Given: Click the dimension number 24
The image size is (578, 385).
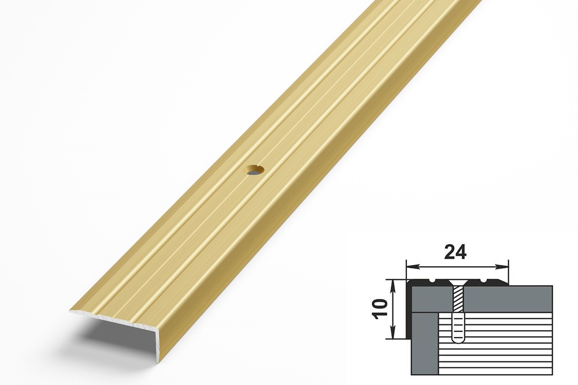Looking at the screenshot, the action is [456, 252].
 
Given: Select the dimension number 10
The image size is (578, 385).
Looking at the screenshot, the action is [382, 308].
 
